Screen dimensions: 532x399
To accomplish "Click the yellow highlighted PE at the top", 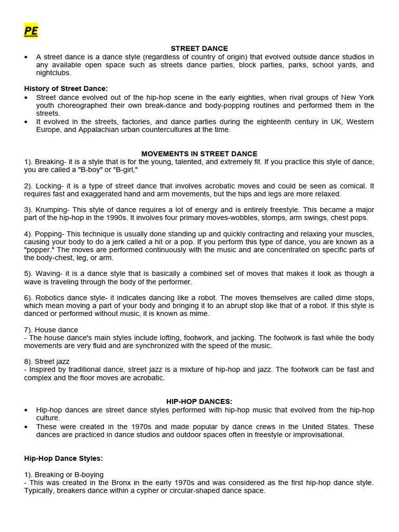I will coord(31,31).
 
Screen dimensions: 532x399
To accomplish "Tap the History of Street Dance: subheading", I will coord(66,89).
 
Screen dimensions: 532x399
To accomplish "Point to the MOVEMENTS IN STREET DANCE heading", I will coord(199,154).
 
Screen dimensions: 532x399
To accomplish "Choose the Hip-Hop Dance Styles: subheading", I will coord(63,458).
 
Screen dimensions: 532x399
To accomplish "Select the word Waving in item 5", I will coord(48,274).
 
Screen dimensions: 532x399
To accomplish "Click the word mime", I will coord(200,314).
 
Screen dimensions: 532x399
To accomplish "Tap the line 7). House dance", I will coord(51,330).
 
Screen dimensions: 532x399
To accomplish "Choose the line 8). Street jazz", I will coord(47,361).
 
